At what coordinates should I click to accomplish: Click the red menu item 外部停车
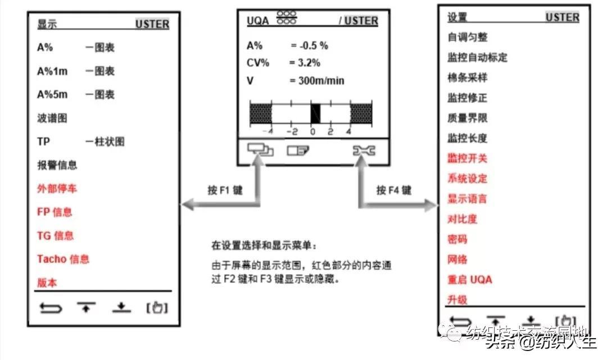click(x=57, y=189)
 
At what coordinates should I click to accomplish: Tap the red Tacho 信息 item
click(x=63, y=259)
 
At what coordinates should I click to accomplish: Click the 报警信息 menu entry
click(x=57, y=165)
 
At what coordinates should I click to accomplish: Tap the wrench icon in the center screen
click(x=364, y=150)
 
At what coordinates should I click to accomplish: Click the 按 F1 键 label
click(x=225, y=190)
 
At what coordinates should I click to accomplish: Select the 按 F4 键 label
click(x=393, y=190)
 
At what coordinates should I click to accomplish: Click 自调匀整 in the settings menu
click(x=467, y=37)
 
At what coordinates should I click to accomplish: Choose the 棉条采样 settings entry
click(x=467, y=78)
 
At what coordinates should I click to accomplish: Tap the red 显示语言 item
click(x=467, y=199)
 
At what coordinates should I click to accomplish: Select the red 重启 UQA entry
click(x=469, y=280)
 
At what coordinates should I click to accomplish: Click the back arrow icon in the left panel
click(x=51, y=308)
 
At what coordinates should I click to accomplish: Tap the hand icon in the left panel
click(x=157, y=308)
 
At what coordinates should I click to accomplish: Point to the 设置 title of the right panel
click(x=457, y=17)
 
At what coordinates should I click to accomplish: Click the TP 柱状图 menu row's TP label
click(x=44, y=142)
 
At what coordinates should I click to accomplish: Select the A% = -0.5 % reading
click(x=295, y=45)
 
